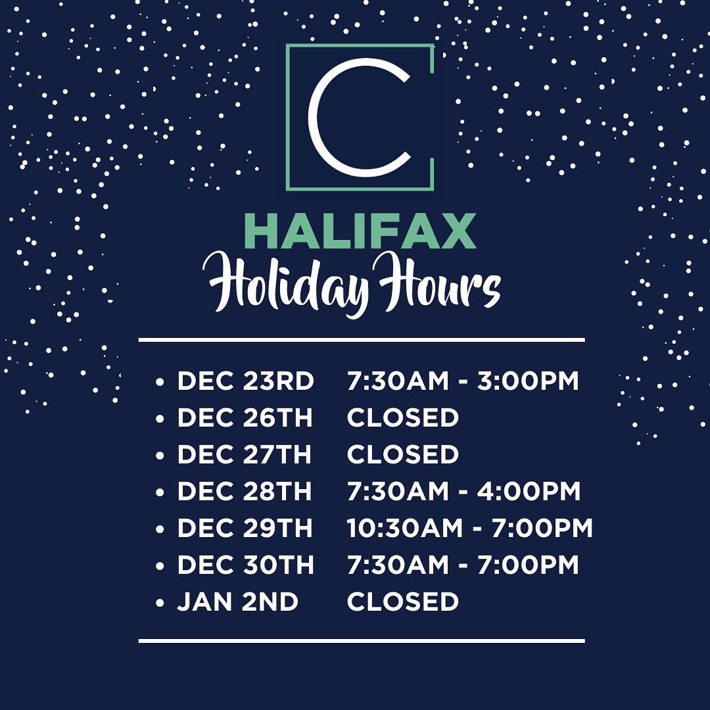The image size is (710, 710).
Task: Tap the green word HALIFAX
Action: click(360, 231)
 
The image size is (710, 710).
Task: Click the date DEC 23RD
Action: click(245, 381)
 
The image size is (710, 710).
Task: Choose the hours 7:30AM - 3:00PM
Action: click(463, 381)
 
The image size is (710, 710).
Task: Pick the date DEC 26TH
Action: click(245, 418)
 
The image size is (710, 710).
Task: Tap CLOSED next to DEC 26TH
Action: click(402, 418)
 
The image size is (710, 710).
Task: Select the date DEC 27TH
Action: click(245, 455)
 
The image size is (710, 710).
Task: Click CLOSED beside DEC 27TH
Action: click(402, 455)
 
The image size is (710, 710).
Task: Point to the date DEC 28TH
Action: click(245, 492)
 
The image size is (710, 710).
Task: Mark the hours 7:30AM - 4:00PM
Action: click(463, 492)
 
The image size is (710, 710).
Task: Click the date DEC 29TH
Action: click(245, 529)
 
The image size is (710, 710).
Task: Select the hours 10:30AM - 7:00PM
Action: click(469, 529)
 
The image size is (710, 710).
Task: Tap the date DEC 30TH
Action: click(245, 565)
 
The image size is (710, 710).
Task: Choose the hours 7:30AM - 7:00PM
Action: click(463, 565)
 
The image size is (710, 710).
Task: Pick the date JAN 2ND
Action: click(237, 602)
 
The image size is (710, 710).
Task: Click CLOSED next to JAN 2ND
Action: click(402, 602)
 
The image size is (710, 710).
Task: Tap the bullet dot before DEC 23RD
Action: click(159, 383)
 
